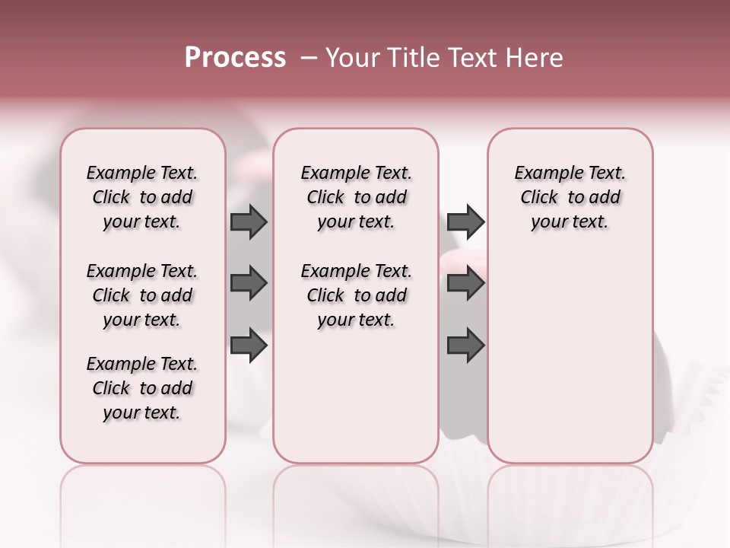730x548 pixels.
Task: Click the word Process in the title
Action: point(235,58)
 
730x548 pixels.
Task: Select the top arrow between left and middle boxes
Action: point(249,221)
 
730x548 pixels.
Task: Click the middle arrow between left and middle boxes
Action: point(249,283)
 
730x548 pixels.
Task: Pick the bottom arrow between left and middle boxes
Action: point(249,346)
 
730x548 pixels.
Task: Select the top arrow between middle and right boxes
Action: point(465,221)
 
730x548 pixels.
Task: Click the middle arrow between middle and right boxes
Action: point(465,283)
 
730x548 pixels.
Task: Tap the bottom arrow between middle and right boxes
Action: point(465,346)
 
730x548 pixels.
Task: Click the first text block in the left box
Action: point(142,197)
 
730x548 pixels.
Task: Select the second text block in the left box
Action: point(142,295)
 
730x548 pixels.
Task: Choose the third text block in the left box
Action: point(142,388)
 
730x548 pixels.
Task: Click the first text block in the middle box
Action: point(356,197)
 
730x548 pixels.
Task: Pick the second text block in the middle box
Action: point(356,295)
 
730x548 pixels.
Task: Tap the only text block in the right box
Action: point(570,197)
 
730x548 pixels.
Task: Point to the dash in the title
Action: point(309,58)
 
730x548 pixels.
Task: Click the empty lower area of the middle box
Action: point(356,403)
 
